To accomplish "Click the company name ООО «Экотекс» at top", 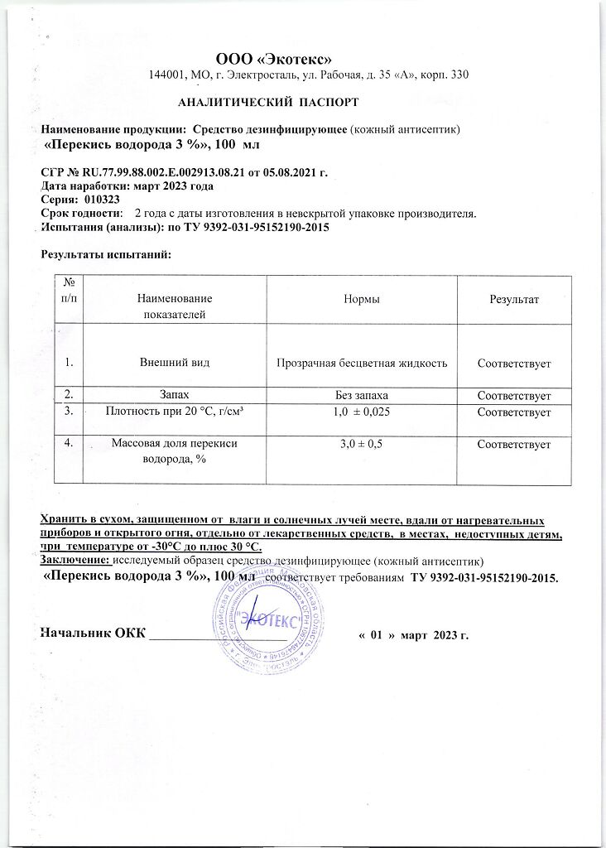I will (x=273, y=58).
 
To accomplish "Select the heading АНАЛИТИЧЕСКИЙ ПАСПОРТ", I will (x=268, y=103).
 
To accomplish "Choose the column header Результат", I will (x=513, y=299).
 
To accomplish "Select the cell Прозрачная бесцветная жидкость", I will (x=361, y=363).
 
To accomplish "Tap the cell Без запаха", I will (x=361, y=396).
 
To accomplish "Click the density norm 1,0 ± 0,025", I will (x=361, y=412).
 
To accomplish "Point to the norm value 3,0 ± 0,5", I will (x=361, y=445).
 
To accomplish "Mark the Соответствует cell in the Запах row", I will (x=514, y=396).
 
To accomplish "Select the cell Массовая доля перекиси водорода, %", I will (x=174, y=452).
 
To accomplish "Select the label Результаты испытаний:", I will (x=106, y=253).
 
